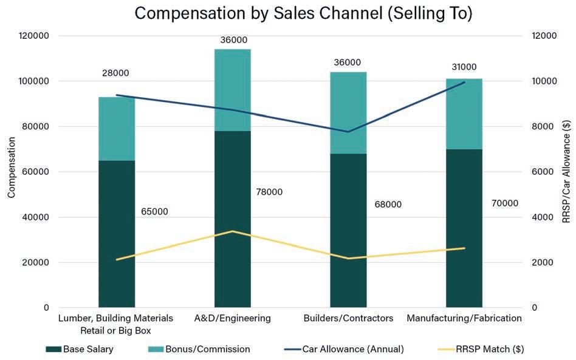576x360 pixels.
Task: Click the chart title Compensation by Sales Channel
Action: pyautogui.click(x=303, y=13)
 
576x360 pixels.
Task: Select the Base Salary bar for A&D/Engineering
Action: pyautogui.click(x=232, y=219)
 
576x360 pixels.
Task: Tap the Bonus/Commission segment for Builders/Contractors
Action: pyautogui.click(x=348, y=112)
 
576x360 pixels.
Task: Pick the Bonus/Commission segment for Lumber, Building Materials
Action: pyautogui.click(x=117, y=129)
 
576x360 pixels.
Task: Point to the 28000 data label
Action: pyautogui.click(x=115, y=73)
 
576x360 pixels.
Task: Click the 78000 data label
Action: pyautogui.click(x=269, y=192)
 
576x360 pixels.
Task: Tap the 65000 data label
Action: pyautogui.click(x=155, y=212)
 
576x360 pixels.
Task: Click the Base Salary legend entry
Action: pyautogui.click(x=80, y=349)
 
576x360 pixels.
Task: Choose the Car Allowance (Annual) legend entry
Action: pyautogui.click(x=344, y=349)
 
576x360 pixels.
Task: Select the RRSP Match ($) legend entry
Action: pyautogui.click(x=481, y=349)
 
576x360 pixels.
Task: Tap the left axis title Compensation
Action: pyautogui.click(x=12, y=167)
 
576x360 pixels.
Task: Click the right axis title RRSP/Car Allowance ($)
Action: pyautogui.click(x=566, y=172)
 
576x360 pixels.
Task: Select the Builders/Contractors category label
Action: pyautogui.click(x=348, y=318)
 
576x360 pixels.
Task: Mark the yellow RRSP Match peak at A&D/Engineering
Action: pyautogui.click(x=232, y=231)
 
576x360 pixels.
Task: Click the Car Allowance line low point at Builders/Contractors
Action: pyautogui.click(x=348, y=132)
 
